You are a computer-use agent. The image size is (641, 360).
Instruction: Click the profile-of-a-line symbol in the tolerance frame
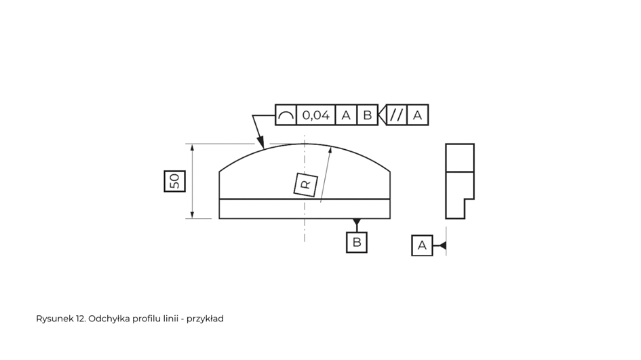286,115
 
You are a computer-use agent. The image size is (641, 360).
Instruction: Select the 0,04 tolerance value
315,115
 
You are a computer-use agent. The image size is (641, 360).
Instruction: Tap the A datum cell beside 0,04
346,115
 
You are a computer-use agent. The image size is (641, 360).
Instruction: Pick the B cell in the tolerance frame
367,115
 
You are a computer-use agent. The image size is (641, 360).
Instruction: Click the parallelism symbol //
397,115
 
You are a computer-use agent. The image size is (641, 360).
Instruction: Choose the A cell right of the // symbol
417,115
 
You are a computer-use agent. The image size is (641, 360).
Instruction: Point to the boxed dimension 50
174,181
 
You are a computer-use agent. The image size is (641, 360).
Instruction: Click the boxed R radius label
306,184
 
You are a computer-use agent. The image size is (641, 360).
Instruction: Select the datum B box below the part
357,242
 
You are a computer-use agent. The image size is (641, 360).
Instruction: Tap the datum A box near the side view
422,245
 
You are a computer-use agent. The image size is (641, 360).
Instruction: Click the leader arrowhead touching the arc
260,142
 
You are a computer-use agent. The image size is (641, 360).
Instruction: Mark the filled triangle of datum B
357,222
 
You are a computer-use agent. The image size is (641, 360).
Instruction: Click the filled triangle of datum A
442,245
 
